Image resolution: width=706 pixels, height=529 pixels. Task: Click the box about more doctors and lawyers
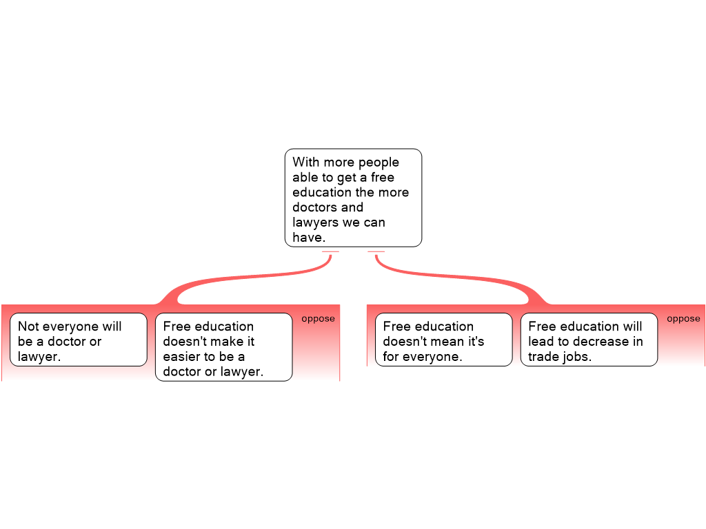point(354,198)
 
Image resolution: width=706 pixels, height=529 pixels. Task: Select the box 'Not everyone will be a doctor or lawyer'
point(79,340)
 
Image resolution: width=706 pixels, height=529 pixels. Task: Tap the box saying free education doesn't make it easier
point(224,347)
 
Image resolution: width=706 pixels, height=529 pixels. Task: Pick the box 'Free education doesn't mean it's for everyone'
point(444,340)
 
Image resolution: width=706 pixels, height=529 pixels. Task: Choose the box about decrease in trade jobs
point(589,340)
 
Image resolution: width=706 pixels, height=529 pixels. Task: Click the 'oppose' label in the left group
point(319,319)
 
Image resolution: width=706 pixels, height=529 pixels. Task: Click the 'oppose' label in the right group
point(683,319)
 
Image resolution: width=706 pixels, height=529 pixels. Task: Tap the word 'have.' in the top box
point(309,237)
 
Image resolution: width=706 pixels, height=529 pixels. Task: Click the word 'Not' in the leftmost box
point(28,326)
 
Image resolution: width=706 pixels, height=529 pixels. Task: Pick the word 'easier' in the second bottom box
point(183,356)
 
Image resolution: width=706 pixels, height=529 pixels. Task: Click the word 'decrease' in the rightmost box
point(601,342)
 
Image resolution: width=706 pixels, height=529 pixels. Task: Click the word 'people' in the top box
point(379,163)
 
